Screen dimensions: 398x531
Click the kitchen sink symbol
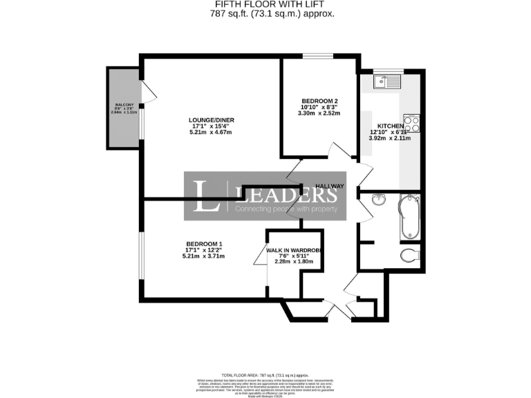387,82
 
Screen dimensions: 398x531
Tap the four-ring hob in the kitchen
411,124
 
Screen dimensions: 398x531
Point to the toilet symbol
410,256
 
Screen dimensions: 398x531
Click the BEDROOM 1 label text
204,244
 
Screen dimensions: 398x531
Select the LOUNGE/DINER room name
212,120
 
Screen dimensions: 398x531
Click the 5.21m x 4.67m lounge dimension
212,133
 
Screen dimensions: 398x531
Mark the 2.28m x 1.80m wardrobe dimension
295,262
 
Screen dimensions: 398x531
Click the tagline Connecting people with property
286,209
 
